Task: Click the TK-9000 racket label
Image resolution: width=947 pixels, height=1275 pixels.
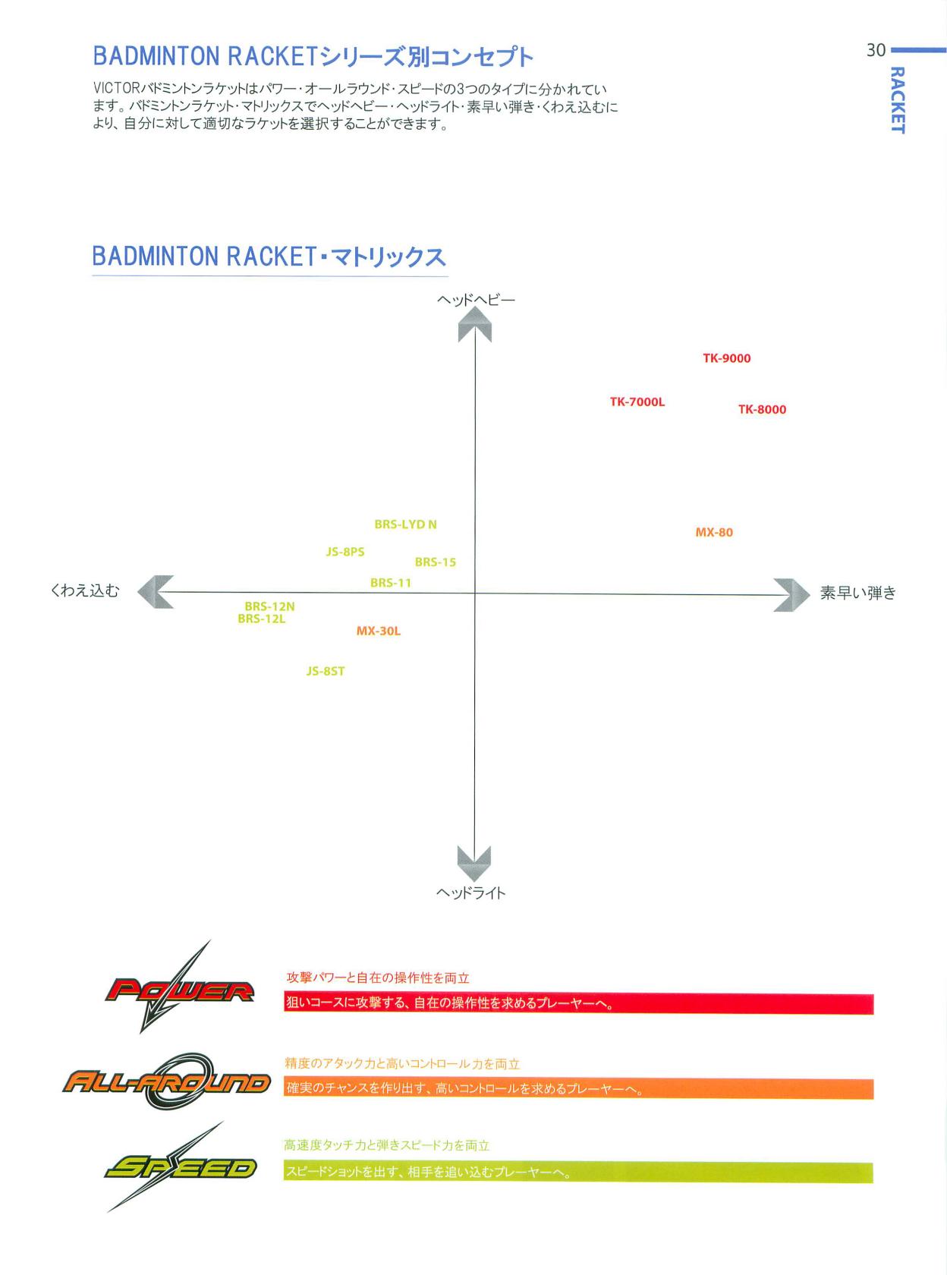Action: [727, 358]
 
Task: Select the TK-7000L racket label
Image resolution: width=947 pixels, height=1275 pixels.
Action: [637, 401]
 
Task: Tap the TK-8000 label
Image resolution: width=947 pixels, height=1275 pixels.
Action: [763, 409]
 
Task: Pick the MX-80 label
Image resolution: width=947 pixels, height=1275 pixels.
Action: [714, 532]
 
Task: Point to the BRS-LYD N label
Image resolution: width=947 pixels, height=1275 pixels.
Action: [405, 524]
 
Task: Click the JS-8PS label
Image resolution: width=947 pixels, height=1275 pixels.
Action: [345, 552]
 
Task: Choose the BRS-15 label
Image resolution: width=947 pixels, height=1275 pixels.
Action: [436, 562]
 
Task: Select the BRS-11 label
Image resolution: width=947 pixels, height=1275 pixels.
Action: [391, 583]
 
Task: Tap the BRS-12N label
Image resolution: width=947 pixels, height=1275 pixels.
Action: [269, 606]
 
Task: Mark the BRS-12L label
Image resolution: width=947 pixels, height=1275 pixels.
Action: [262, 619]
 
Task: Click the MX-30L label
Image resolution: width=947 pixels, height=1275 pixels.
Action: [379, 631]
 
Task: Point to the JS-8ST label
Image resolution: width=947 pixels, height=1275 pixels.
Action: [326, 672]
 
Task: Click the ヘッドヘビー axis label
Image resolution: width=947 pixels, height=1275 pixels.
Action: [476, 300]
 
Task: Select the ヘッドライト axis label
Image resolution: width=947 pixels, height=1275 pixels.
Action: [471, 892]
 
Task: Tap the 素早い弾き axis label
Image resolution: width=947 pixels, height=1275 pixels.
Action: [858, 593]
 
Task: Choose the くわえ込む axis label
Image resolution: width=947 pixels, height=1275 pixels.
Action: [85, 590]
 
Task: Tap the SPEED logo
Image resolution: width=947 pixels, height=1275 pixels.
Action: [179, 1167]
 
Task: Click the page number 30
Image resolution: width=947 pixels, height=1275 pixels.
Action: [876, 51]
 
